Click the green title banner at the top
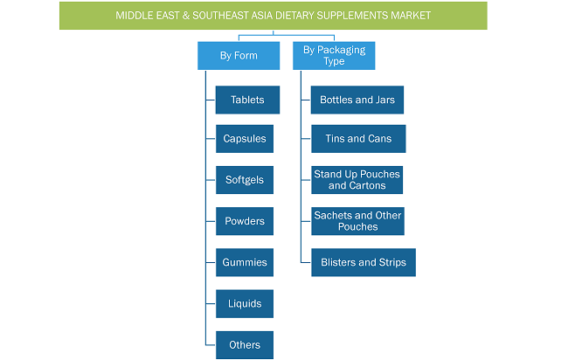pyautogui.click(x=274, y=16)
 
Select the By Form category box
pyautogui.click(x=239, y=55)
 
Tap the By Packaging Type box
pyautogui.click(x=334, y=55)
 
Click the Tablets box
pyautogui.click(x=247, y=100)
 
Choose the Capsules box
pyautogui.click(x=245, y=139)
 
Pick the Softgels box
pyautogui.click(x=245, y=180)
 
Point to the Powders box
pyautogui.click(x=245, y=221)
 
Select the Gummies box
pyautogui.click(x=245, y=263)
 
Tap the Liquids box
pyautogui.click(x=245, y=304)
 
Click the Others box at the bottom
pyautogui.click(x=245, y=345)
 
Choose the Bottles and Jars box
pyautogui.click(x=357, y=100)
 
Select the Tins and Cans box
pyautogui.click(x=358, y=139)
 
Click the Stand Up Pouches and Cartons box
pyautogui.click(x=357, y=180)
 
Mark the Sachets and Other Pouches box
pyautogui.click(x=357, y=221)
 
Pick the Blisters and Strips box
pyautogui.click(x=364, y=263)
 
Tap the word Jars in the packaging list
pyautogui.click(x=385, y=100)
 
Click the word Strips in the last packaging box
pyautogui.click(x=392, y=263)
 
